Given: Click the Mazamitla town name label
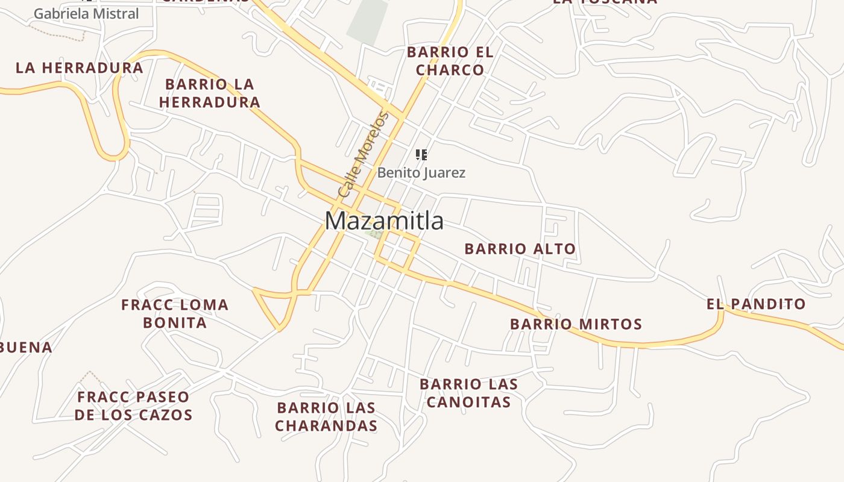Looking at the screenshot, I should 384,221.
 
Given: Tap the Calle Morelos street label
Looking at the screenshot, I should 362,154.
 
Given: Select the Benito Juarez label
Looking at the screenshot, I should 421,173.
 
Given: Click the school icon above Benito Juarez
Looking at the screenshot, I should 421,155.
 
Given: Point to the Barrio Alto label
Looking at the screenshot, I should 520,248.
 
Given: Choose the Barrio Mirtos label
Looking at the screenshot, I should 576,324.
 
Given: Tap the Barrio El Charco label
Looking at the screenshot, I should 450,61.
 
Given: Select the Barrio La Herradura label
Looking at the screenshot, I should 209,93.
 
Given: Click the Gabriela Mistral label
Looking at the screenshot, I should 86,13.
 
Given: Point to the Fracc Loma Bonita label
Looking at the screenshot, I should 175,314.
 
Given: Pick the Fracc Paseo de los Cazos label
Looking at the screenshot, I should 133,405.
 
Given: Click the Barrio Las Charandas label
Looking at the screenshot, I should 326,417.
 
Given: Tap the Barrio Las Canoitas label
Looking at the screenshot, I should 468,393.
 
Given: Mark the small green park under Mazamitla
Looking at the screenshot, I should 374,233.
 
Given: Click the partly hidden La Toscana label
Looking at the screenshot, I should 605,2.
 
